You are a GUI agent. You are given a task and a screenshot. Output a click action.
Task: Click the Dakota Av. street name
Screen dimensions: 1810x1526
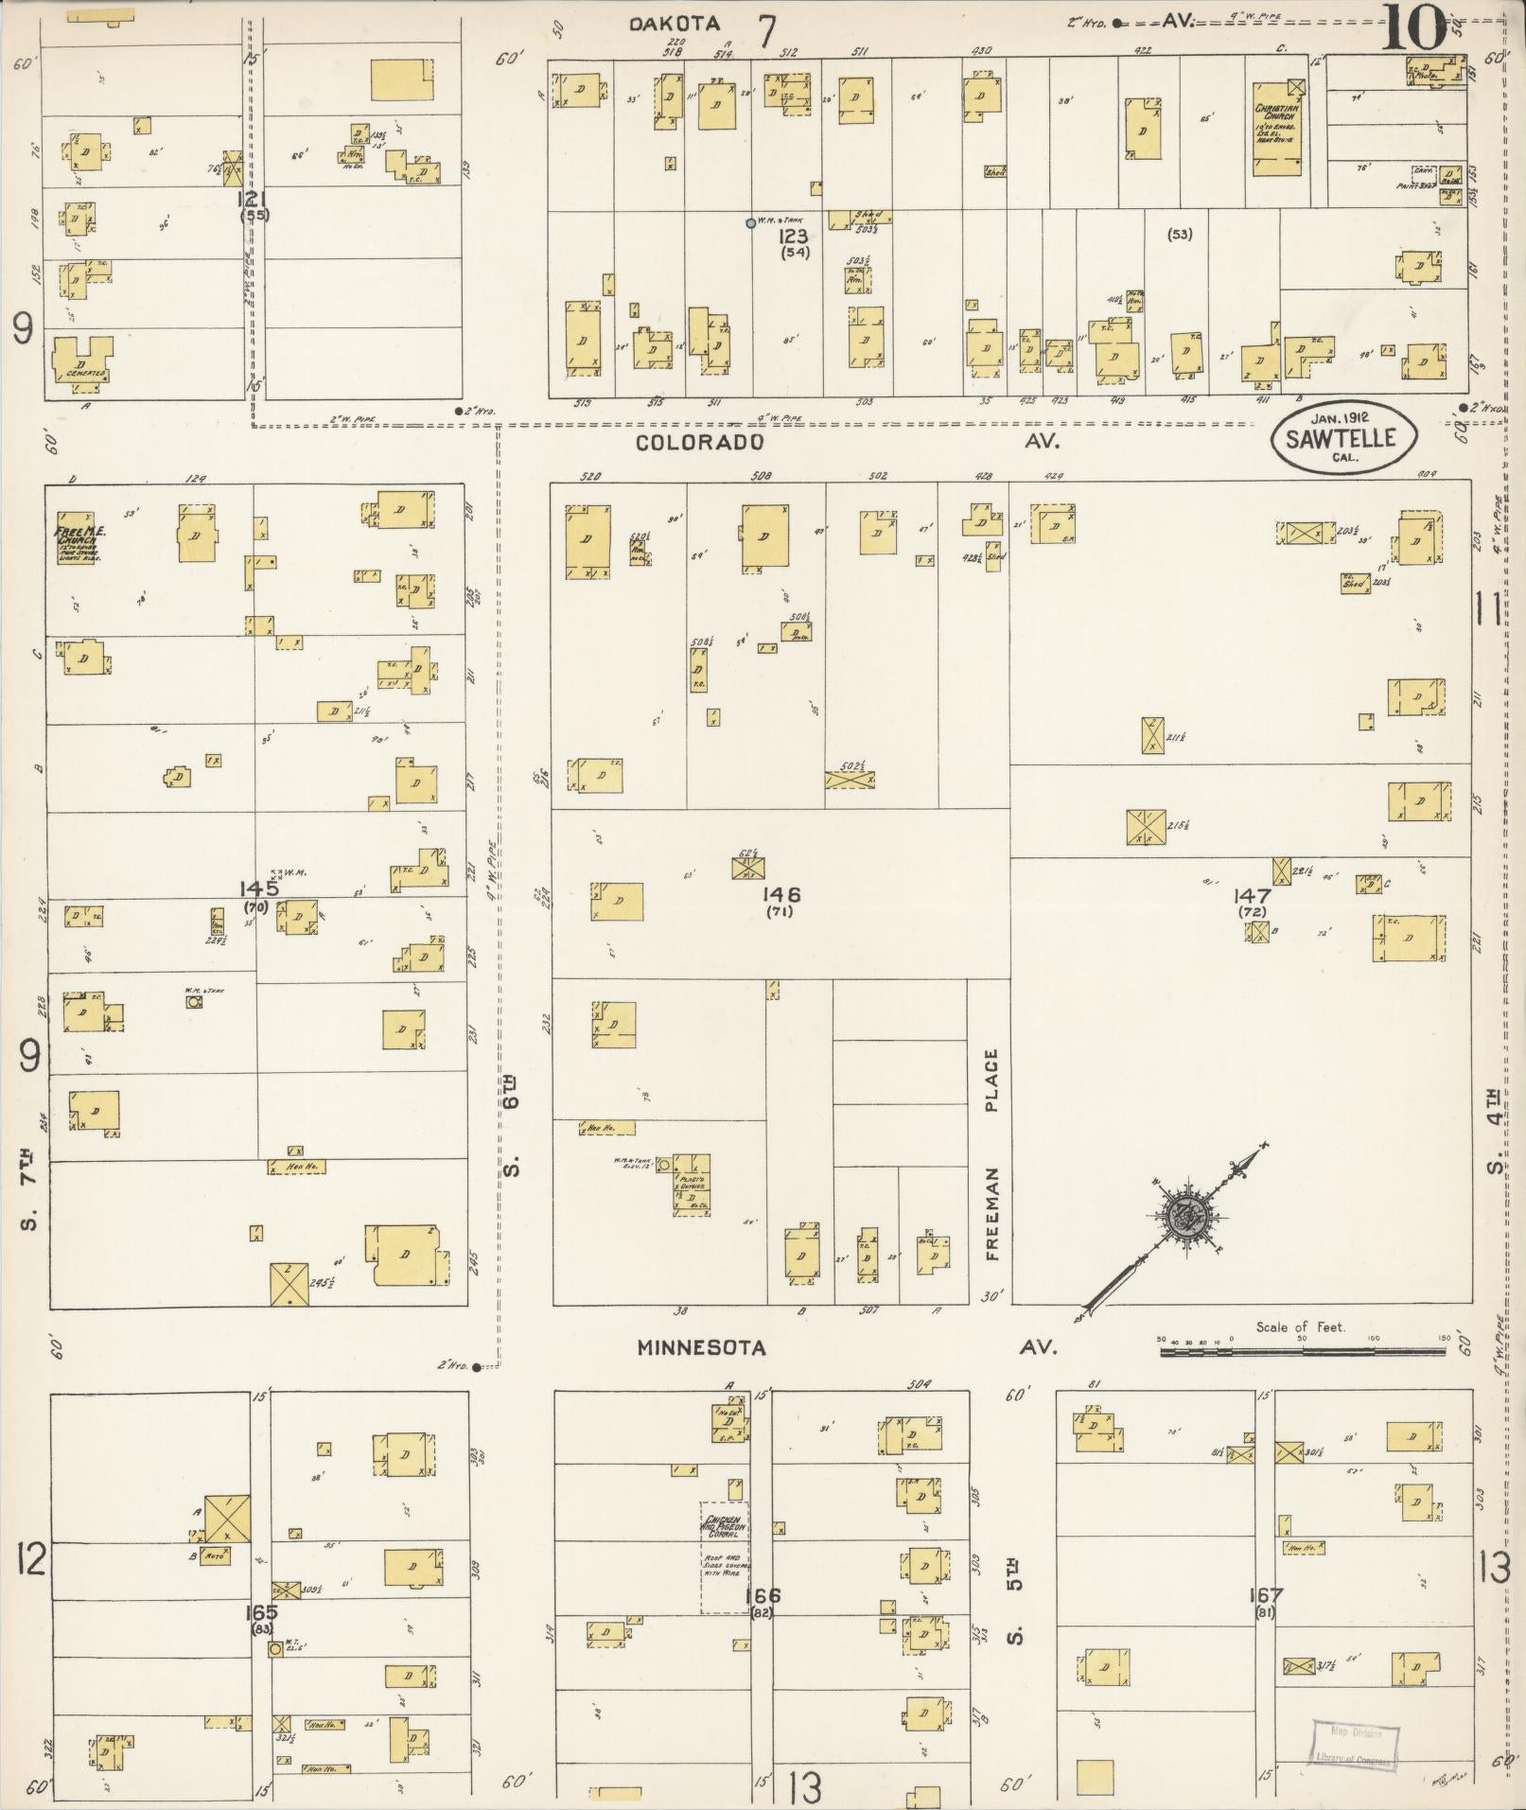(675, 25)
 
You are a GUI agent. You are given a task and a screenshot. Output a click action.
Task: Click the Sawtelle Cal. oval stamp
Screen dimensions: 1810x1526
(1345, 439)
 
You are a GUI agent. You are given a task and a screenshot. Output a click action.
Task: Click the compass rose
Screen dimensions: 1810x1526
(1183, 1215)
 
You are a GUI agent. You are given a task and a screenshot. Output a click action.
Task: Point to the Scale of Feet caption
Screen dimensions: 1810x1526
(1300, 1327)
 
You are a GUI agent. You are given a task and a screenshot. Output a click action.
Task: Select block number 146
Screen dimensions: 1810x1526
(784, 894)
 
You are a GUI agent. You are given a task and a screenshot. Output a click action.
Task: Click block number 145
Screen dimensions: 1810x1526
(258, 888)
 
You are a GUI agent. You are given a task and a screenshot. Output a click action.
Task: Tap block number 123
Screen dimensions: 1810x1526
(793, 237)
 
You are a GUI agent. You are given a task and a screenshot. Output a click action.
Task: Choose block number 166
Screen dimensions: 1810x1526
(762, 1596)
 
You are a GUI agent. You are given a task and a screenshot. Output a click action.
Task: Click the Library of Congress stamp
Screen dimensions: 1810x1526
(1355, 1744)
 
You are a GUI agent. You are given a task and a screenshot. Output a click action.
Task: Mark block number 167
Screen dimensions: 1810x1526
(1264, 1596)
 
